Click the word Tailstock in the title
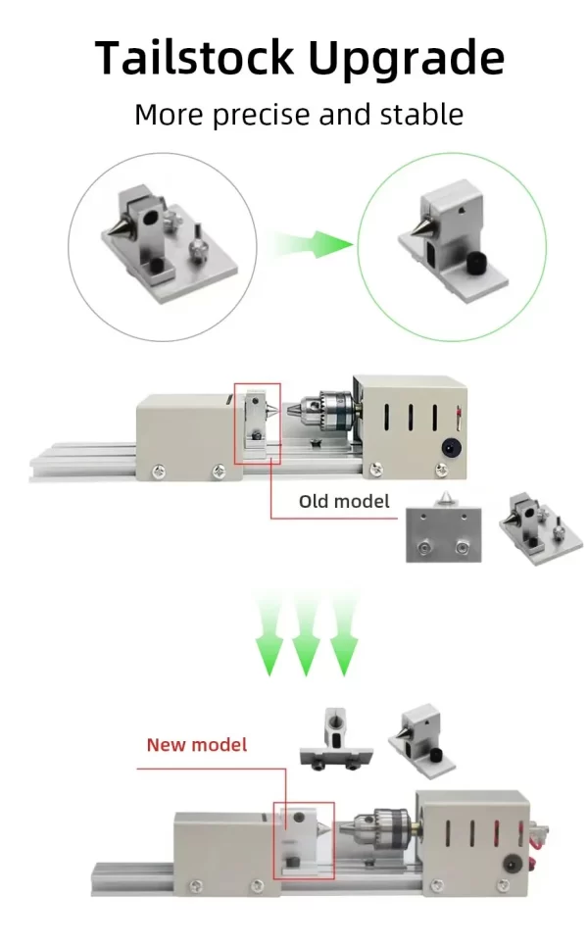(194, 57)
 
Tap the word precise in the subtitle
(263, 116)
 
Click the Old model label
(344, 501)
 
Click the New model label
(197, 744)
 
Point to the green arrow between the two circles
(313, 244)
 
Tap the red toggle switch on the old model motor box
(459, 417)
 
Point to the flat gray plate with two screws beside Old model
(443, 534)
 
